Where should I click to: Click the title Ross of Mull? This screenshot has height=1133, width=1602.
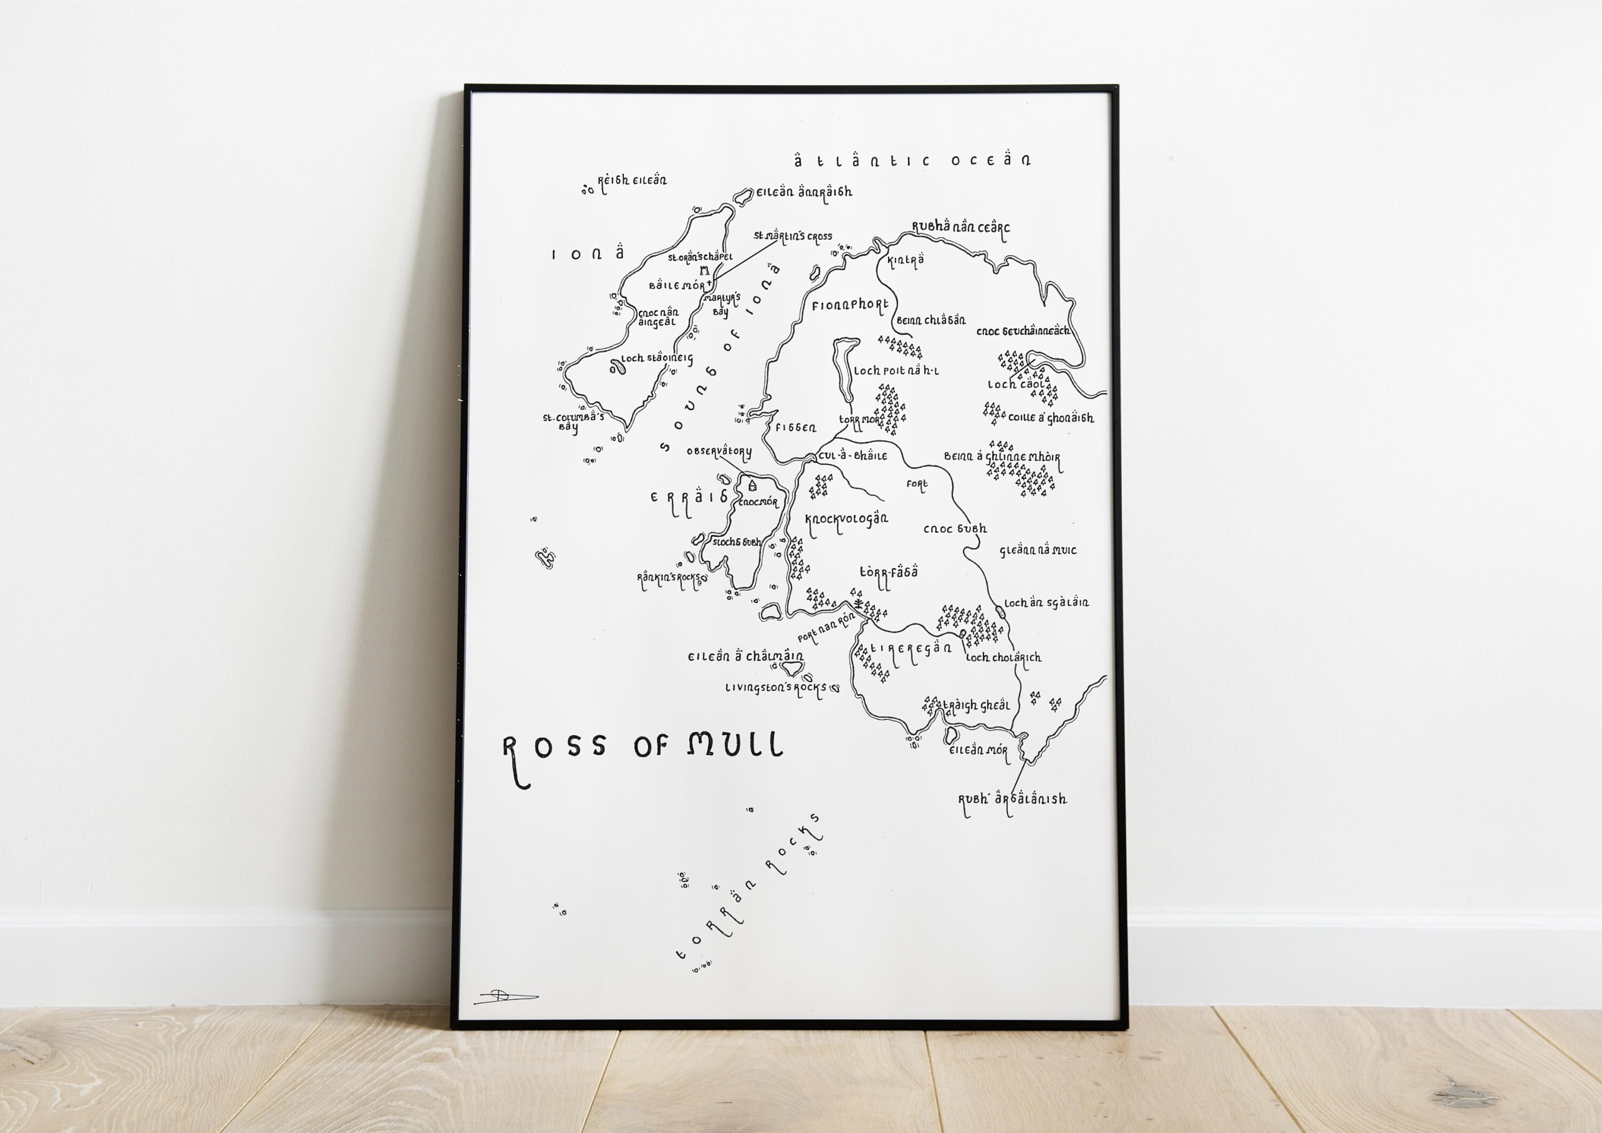point(642,747)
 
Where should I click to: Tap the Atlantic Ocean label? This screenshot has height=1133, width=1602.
point(912,161)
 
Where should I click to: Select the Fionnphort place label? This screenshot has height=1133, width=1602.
point(850,305)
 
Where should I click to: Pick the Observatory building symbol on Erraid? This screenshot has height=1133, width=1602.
point(752,483)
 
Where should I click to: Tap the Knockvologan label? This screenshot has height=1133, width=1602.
point(846,519)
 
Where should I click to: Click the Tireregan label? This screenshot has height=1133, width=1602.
point(910,648)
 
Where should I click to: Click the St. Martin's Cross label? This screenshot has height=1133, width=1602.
point(792,237)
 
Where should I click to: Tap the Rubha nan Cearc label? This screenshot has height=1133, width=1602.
point(961,228)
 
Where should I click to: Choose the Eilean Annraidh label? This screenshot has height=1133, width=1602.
point(804,192)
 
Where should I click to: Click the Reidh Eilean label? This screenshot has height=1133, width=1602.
point(631,181)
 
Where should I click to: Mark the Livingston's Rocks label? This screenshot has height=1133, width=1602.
point(775,687)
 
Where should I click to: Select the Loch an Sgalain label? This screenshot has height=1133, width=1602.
point(1046,603)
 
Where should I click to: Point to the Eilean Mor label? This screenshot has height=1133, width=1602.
point(978,751)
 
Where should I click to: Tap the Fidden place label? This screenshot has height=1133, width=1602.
point(796,427)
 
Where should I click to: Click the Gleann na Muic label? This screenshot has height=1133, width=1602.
point(1038,550)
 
